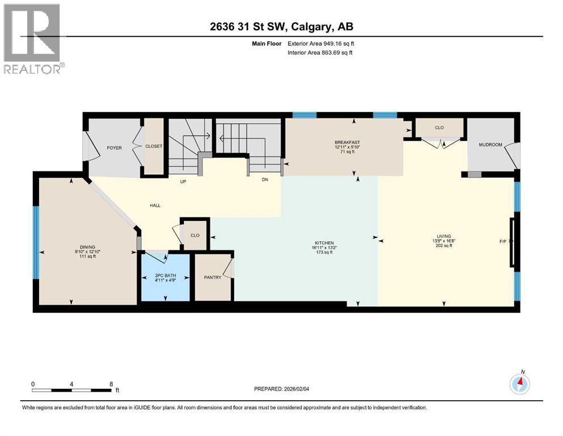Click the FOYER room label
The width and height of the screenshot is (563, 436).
point(115,149)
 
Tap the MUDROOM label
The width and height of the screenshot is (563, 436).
point(490,145)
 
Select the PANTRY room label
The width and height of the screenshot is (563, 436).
point(213,277)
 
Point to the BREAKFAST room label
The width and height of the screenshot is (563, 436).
point(348,142)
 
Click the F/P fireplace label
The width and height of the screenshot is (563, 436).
point(502,241)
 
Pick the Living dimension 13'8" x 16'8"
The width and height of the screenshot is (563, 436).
point(444,241)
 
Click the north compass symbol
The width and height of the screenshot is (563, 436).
point(520,384)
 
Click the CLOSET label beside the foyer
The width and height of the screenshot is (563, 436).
point(154,146)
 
